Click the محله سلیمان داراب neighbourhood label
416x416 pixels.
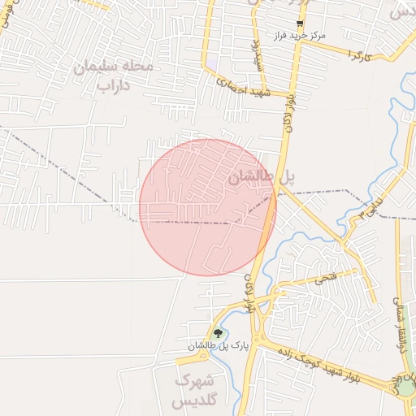[113, 75]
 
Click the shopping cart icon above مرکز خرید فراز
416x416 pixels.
[300, 24]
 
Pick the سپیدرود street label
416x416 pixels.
[254, 50]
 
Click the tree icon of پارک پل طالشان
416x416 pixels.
[217, 333]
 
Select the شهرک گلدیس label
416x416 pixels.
[195, 390]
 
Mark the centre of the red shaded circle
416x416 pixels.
[207, 207]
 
